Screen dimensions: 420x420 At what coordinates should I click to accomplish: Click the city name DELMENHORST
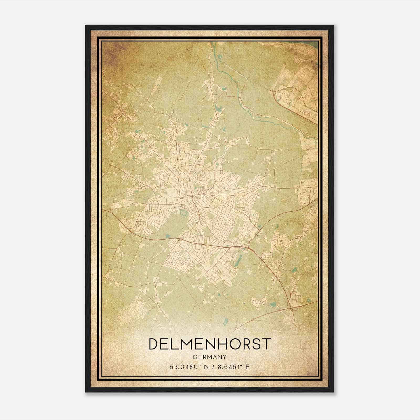pyautogui.click(x=210, y=344)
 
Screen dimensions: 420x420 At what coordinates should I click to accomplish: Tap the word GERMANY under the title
pyautogui.click(x=210, y=357)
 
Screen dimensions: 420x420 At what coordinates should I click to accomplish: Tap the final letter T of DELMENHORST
pyautogui.click(x=266, y=344)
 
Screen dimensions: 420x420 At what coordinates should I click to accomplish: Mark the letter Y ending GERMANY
pyautogui.click(x=224, y=357)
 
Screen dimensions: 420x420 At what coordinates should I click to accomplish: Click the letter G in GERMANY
pyautogui.click(x=195, y=357)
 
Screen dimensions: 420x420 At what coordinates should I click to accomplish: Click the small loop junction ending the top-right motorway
pyautogui.click(x=272, y=91)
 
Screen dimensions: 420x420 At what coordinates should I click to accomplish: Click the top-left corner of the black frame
pyautogui.click(x=86, y=26)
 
